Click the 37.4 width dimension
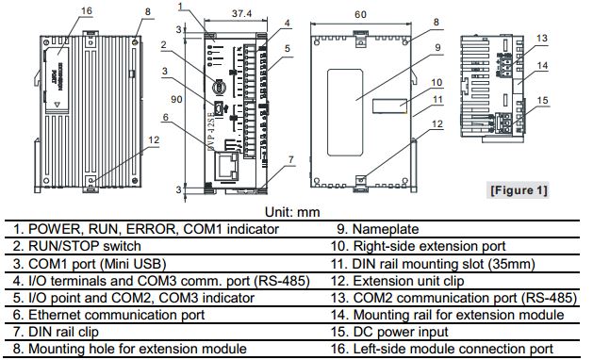[x=241, y=13]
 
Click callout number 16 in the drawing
[x=86, y=10]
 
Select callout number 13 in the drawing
[x=542, y=37]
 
